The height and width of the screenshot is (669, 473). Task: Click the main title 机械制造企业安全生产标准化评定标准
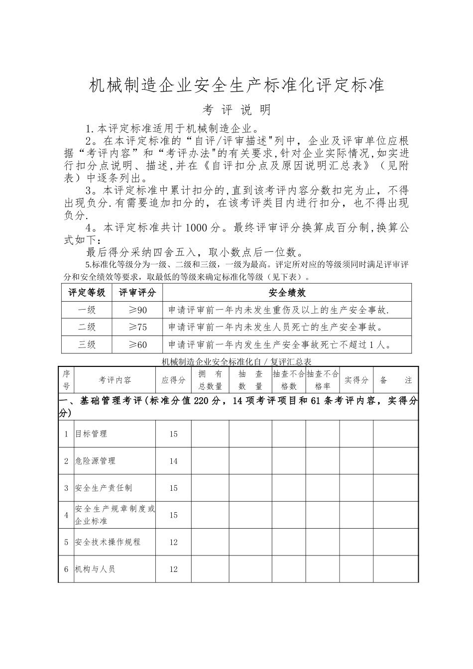point(236,85)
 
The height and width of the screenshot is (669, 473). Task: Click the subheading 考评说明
point(237,109)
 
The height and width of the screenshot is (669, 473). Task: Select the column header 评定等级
point(87,293)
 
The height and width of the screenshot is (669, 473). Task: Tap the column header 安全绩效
point(287,293)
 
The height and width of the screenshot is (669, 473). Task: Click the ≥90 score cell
point(137,310)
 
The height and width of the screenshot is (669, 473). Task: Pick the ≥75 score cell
point(137,327)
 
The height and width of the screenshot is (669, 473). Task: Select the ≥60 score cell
point(137,344)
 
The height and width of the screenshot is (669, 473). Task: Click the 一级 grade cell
point(87,310)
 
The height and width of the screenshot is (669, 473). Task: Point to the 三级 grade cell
point(87,344)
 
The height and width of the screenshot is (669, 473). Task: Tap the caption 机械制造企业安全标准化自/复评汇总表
point(237,362)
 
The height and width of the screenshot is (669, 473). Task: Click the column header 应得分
point(173,380)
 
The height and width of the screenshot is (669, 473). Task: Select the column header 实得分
point(356,380)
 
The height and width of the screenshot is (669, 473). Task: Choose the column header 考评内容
point(115,380)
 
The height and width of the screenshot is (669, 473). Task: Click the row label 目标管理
point(91,434)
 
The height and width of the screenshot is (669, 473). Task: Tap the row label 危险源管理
point(95,461)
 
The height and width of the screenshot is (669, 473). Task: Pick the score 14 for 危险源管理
point(173,461)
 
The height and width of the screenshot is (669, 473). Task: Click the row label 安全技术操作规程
point(108,542)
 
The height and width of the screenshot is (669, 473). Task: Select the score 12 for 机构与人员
point(173,569)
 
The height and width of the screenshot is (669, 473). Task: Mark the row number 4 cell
point(66,515)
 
